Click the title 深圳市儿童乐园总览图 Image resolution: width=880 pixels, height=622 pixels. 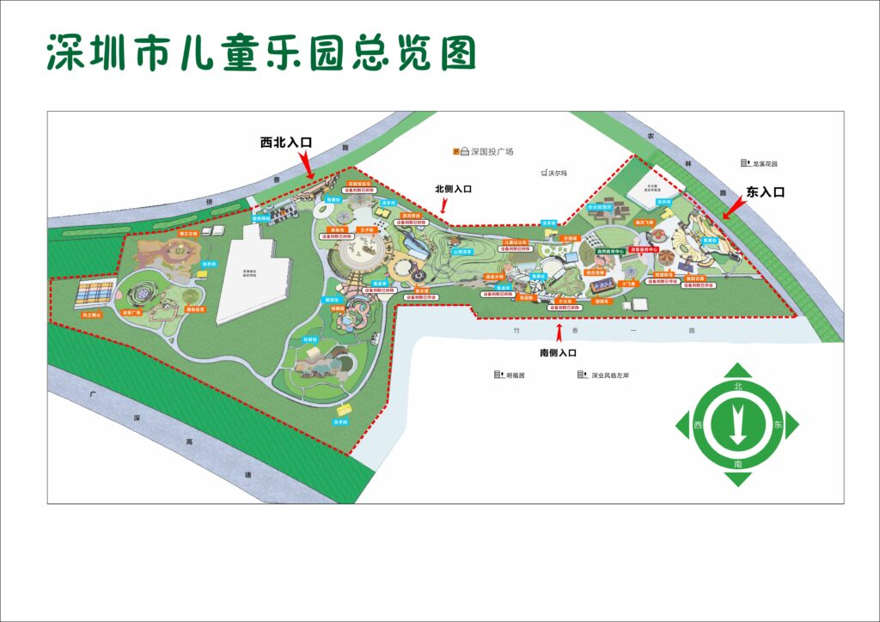(260, 53)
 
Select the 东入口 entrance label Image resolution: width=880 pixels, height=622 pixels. (766, 192)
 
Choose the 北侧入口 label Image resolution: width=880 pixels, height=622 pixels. (454, 189)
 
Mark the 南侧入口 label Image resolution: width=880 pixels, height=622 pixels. (558, 352)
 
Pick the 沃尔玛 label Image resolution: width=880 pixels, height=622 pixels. (549, 173)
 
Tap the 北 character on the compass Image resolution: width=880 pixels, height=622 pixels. (737, 387)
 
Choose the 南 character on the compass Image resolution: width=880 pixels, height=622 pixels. (737, 463)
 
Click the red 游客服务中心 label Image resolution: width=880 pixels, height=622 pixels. (643, 250)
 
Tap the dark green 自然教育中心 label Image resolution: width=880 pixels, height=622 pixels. (606, 252)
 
